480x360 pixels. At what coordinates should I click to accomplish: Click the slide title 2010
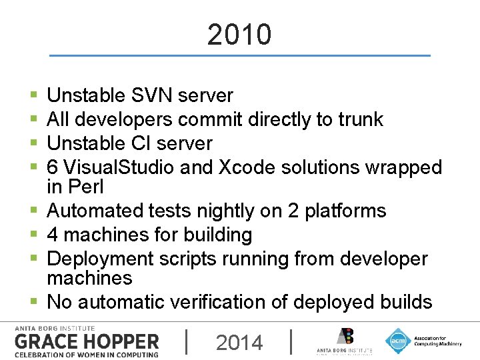click(239, 35)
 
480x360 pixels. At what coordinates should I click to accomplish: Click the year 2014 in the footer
click(239, 343)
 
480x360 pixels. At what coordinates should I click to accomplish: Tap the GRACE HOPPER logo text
click(87, 342)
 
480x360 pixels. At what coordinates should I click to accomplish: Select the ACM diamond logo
click(398, 341)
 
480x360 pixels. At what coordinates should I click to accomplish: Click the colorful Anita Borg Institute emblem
click(345, 337)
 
